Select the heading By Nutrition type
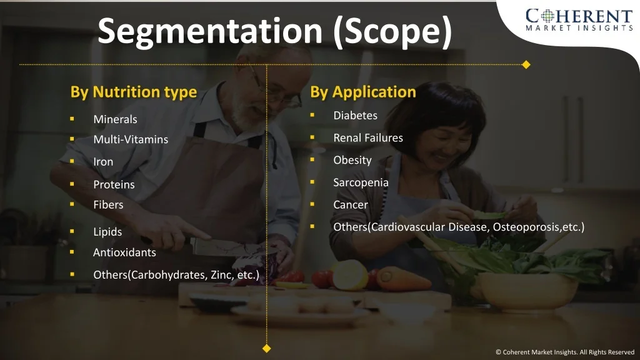(134, 92)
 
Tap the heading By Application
(363, 92)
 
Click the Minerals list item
(115, 119)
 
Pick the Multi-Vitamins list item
(131, 139)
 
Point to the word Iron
(103, 162)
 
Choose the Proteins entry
(114, 184)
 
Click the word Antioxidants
(124, 252)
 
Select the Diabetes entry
(355, 116)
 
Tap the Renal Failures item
(368, 138)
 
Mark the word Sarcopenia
(361, 182)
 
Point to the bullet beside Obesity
(312, 159)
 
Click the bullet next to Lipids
(72, 231)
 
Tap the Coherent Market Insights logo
(579, 19)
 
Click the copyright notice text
(565, 352)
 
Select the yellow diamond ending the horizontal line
(526, 64)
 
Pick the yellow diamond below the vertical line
(266, 349)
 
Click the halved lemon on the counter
(350, 275)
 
